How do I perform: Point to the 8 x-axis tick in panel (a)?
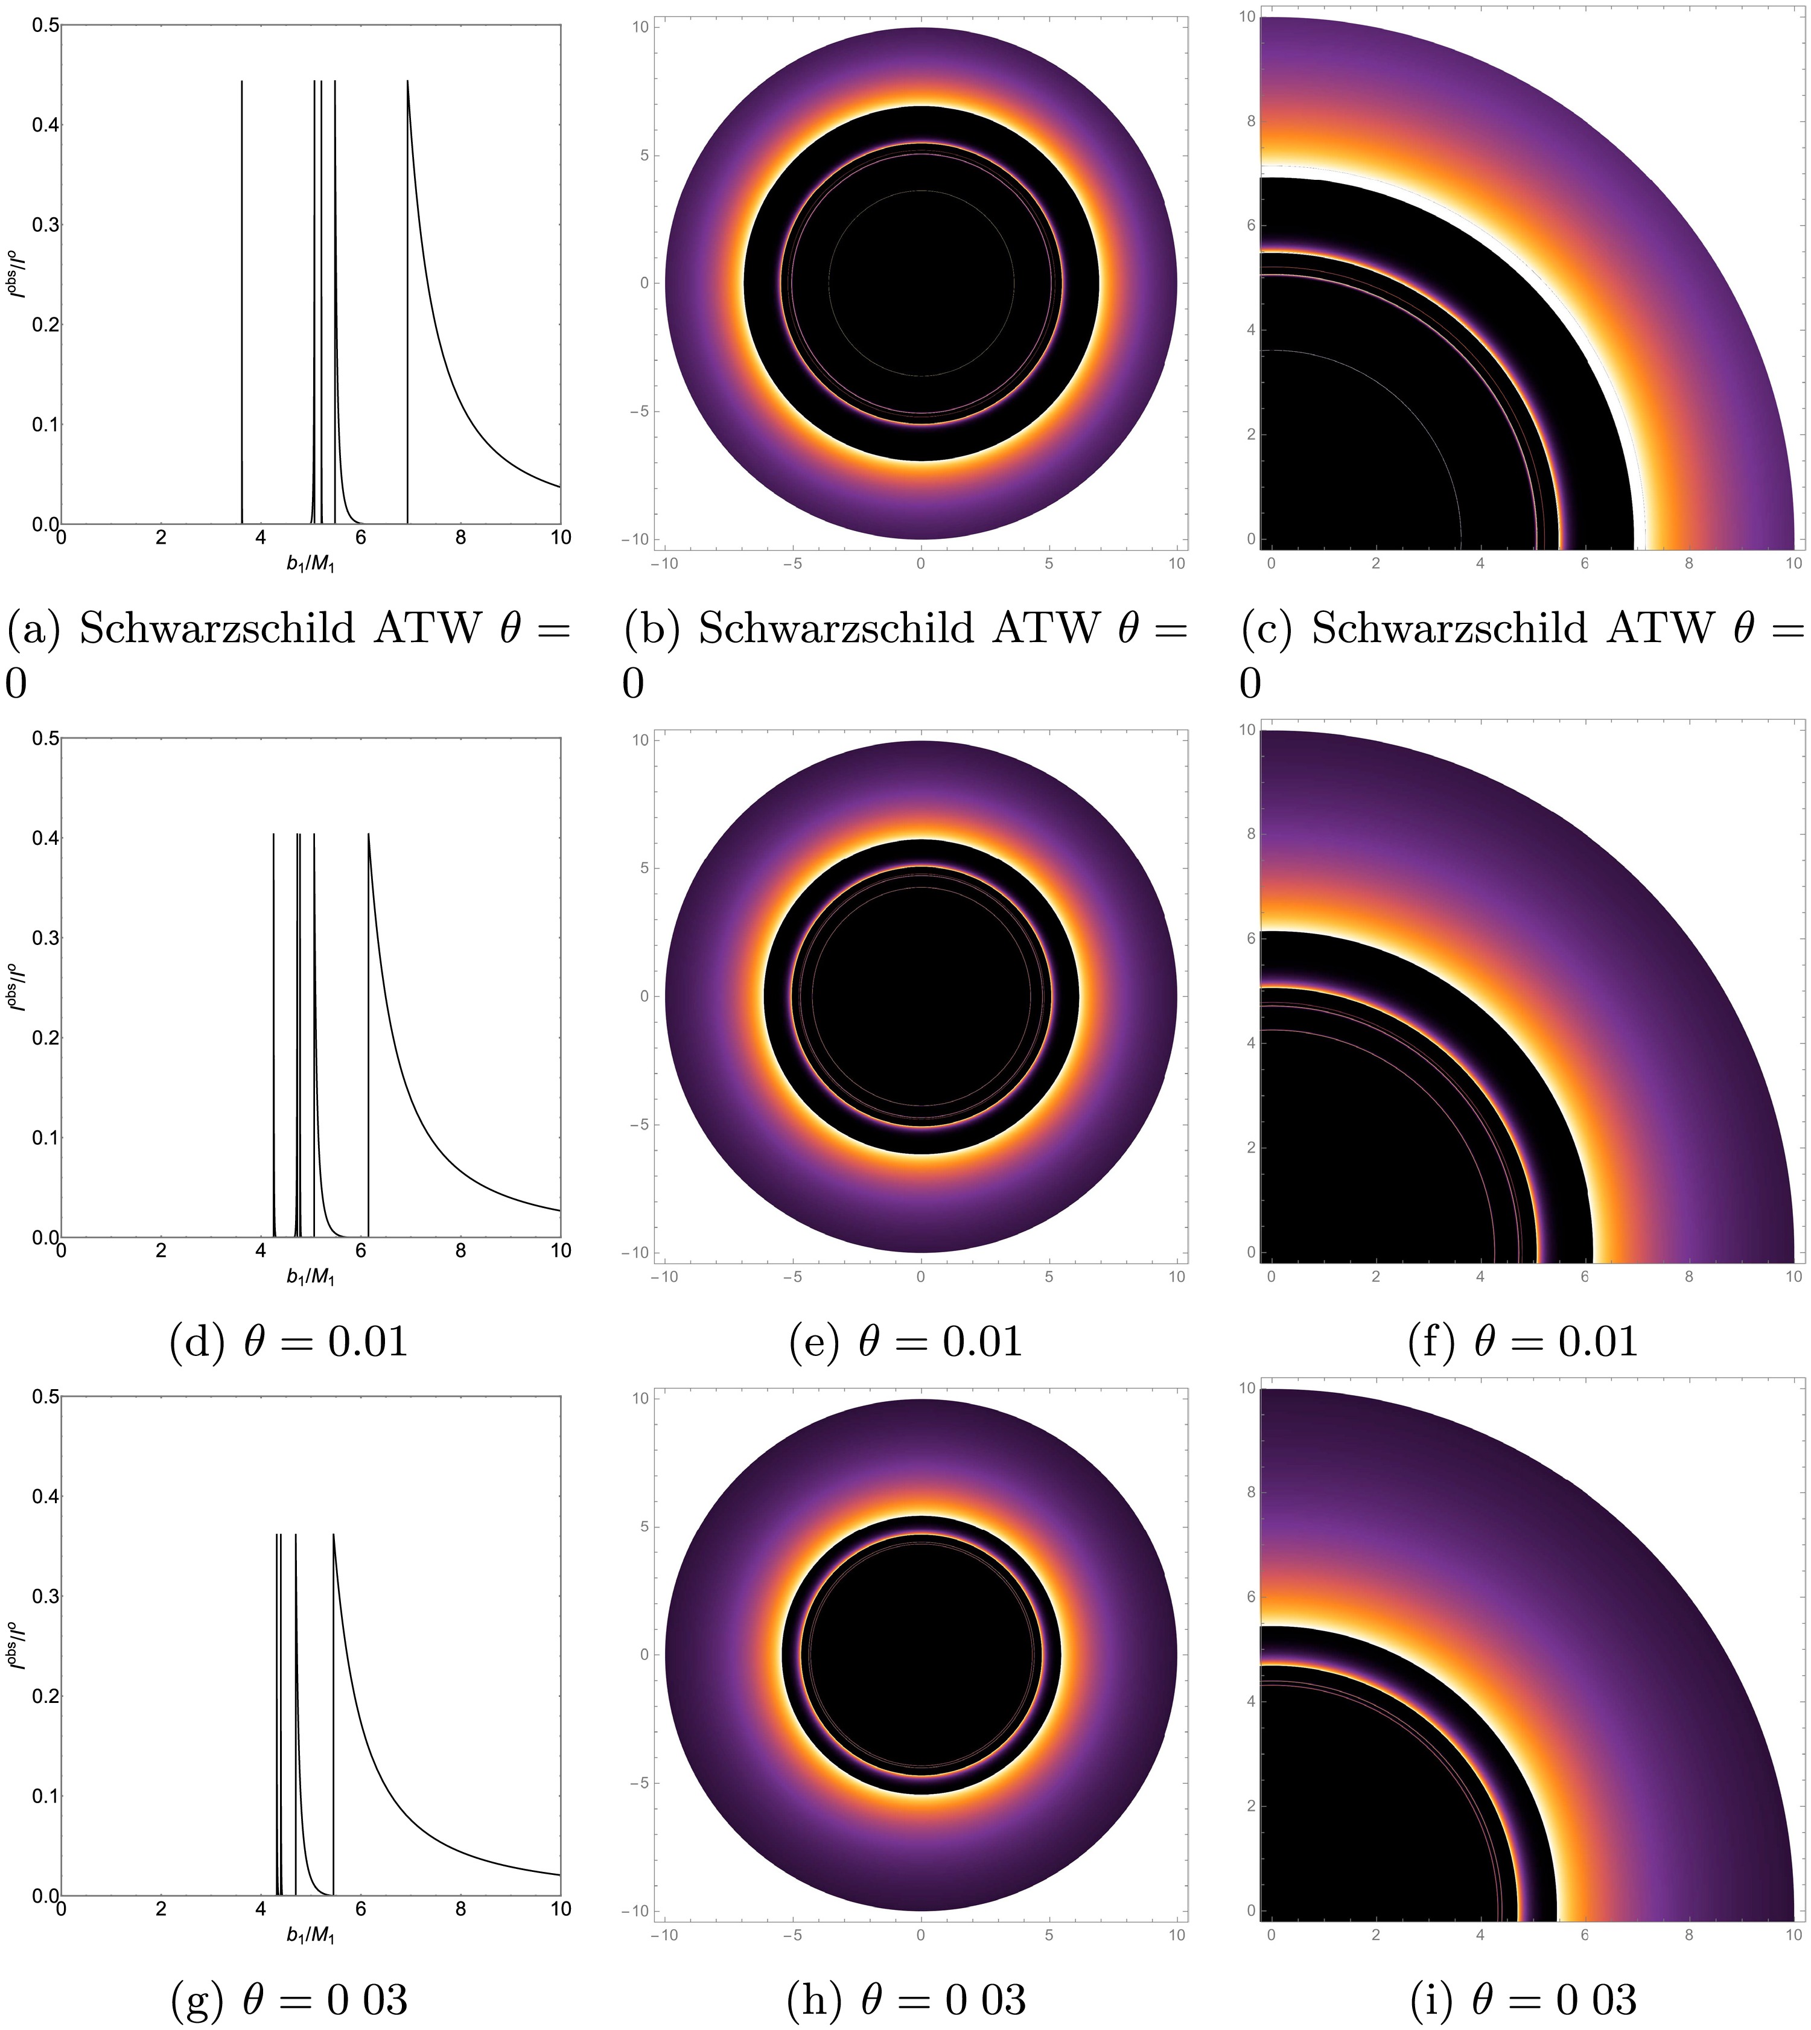[x=460, y=537]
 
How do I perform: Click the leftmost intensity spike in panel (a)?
[x=242, y=299]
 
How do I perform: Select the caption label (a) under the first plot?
[x=38, y=629]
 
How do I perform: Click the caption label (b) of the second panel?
[x=655, y=629]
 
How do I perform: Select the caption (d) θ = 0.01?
[x=288, y=1343]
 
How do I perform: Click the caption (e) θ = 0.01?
[x=905, y=1343]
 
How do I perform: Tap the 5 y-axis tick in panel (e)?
[x=642, y=868]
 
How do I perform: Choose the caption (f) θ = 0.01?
[x=1523, y=1343]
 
